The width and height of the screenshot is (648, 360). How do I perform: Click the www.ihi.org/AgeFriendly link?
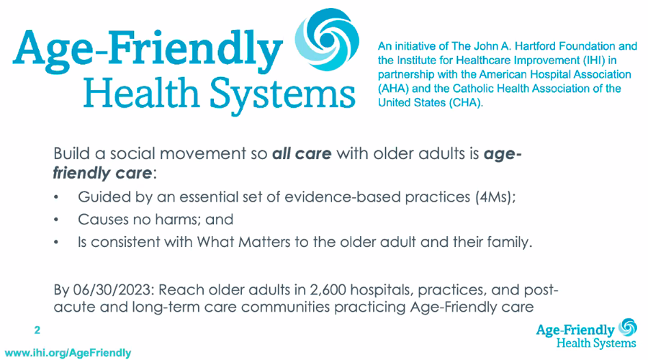66,353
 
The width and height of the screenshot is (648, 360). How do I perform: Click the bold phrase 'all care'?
302,155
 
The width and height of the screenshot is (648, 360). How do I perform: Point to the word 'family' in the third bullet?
508,242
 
